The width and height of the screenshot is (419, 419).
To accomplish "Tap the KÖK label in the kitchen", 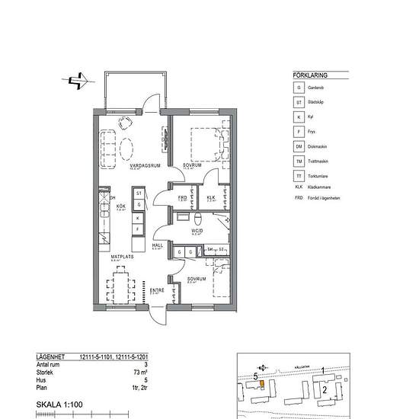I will [120, 206].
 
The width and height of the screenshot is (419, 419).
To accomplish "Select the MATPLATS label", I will [122, 257].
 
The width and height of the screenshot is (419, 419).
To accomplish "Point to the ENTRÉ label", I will [157, 289].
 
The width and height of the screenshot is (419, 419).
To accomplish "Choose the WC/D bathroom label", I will [196, 231].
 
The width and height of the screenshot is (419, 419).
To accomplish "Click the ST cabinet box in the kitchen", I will [139, 194].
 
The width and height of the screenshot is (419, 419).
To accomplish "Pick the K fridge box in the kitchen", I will [139, 217].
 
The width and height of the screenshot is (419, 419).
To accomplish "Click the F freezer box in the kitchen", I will [139, 229].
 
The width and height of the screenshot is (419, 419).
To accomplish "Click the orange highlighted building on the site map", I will [261, 383].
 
